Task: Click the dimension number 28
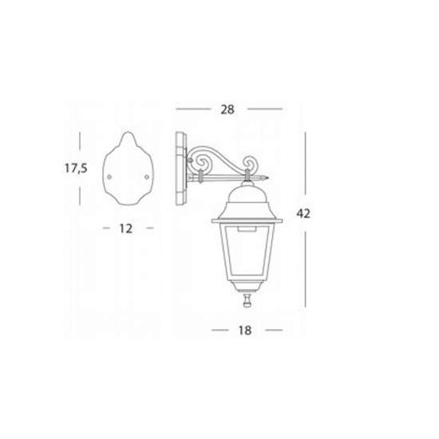[227, 110]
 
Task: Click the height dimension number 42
[303, 213]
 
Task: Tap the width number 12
[125, 228]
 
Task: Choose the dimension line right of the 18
[273, 329]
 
